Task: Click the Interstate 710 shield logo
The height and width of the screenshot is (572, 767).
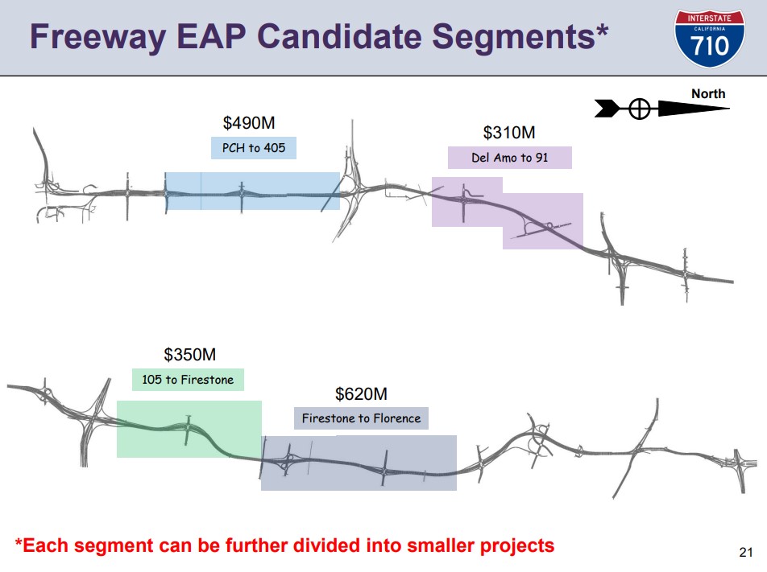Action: [x=709, y=39]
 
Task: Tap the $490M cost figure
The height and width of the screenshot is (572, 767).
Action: [x=249, y=122]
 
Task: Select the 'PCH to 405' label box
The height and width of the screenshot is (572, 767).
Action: [x=253, y=147]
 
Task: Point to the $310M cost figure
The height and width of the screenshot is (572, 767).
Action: [x=509, y=133]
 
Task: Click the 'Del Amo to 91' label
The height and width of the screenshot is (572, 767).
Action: [x=510, y=158]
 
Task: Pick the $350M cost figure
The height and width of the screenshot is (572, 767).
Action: [x=190, y=354]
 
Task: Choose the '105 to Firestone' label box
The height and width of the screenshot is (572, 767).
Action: [x=188, y=380]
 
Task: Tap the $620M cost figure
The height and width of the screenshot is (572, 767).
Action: [x=361, y=393]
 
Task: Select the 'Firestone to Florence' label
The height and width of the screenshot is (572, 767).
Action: [x=361, y=418]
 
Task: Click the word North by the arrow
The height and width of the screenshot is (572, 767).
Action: [x=708, y=94]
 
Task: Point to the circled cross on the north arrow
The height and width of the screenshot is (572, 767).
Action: [x=640, y=109]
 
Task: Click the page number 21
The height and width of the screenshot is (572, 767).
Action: [x=746, y=552]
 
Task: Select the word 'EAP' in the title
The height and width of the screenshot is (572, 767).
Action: [x=211, y=37]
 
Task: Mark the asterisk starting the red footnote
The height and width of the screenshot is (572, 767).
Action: [x=19, y=542]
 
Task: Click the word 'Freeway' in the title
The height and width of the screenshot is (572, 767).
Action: [x=97, y=38]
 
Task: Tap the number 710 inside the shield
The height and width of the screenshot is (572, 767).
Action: [x=710, y=46]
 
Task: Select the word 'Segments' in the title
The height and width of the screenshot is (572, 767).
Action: [x=514, y=38]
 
